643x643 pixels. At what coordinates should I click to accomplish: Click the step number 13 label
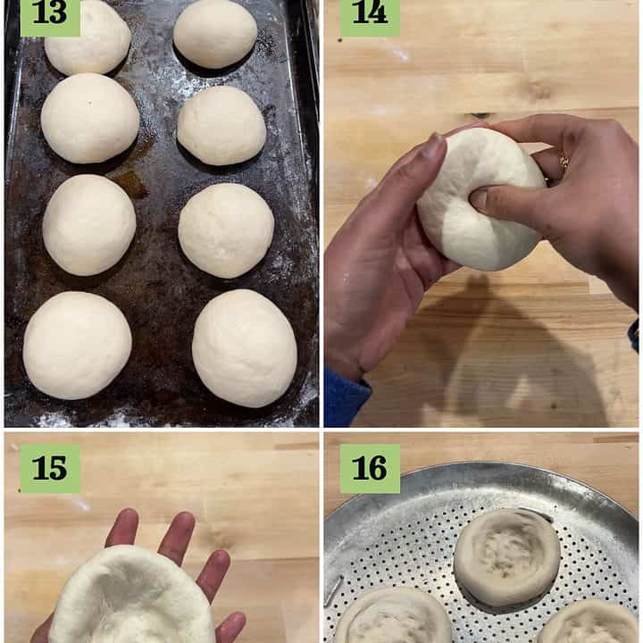[50, 17]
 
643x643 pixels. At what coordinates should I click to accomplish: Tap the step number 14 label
[370, 17]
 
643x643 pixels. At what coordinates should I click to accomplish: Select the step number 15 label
[50, 468]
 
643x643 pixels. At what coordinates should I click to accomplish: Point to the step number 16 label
[370, 468]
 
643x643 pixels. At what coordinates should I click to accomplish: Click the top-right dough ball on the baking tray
[215, 33]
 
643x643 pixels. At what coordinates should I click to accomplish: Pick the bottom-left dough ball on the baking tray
[78, 346]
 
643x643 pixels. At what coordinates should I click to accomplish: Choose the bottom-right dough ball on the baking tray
[245, 348]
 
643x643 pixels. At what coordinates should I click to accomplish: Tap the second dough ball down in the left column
[90, 118]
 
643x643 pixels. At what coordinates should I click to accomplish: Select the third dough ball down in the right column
[226, 230]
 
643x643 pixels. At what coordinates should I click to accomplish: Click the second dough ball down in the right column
[221, 126]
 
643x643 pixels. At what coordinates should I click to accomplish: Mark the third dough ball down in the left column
[89, 225]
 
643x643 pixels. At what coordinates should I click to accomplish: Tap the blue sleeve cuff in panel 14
[347, 397]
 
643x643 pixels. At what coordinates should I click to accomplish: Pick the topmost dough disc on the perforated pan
[507, 557]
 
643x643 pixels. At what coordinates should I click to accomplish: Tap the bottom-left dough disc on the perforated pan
[394, 616]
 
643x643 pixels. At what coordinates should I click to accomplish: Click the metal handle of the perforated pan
[334, 590]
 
